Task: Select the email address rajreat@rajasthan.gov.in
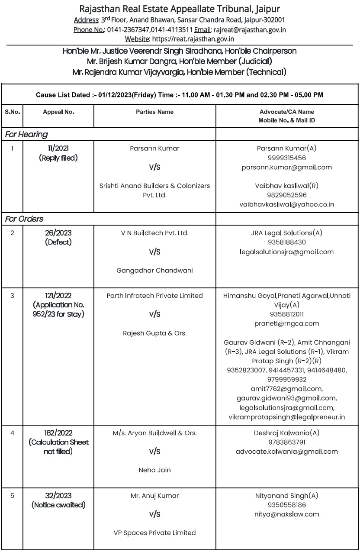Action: point(249,30)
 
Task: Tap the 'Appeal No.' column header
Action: point(58,112)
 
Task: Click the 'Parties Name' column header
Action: point(154,112)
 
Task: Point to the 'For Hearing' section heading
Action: point(26,135)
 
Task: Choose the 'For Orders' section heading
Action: point(24,219)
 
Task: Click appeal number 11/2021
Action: point(58,148)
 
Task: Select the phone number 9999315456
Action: point(286,158)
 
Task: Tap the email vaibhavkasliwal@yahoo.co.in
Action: point(286,204)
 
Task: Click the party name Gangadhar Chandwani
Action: point(154,271)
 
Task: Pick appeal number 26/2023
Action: point(58,233)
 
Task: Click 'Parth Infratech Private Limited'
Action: point(154,296)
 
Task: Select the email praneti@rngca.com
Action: point(286,323)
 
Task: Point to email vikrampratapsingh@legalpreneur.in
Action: point(286,417)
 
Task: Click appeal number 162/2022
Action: point(58,433)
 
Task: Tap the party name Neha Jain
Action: point(154,470)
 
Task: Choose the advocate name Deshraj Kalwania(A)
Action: point(286,433)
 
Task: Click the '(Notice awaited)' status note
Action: point(58,505)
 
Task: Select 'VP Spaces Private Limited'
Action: point(154,533)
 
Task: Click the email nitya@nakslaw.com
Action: point(286,514)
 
